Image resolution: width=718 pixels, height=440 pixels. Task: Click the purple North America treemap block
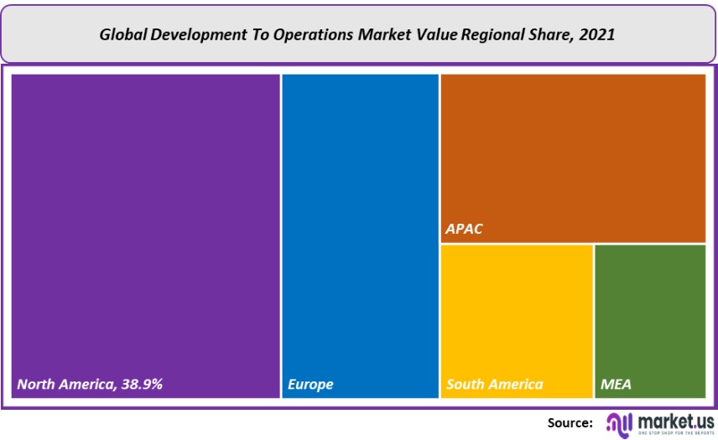coord(145,226)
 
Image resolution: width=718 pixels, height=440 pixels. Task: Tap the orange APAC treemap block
coord(573,151)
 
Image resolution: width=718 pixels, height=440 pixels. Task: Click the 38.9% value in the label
coord(141,385)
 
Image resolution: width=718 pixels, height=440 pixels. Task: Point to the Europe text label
coord(310,385)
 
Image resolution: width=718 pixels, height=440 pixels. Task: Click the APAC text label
coord(464,229)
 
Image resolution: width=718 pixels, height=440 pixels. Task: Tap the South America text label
coord(494,385)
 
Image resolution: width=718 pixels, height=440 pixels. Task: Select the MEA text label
coord(616,385)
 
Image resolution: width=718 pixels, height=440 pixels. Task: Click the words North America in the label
coord(65,385)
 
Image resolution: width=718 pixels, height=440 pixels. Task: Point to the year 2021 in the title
coord(598,34)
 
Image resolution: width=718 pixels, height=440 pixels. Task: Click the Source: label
coord(570,422)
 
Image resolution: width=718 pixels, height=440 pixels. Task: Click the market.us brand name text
coord(675,419)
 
